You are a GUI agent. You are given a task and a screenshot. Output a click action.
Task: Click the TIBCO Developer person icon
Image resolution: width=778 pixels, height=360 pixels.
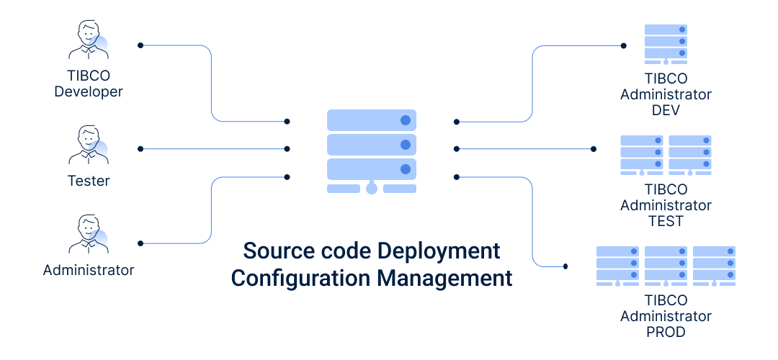pyautogui.click(x=89, y=40)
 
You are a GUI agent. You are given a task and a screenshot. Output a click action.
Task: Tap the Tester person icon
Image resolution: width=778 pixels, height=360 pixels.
pyautogui.click(x=89, y=145)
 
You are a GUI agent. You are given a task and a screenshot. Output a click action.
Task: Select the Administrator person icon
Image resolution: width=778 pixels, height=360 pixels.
pyautogui.click(x=89, y=234)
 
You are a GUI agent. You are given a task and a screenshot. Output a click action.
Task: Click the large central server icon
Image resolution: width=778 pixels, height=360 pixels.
pyautogui.click(x=372, y=151)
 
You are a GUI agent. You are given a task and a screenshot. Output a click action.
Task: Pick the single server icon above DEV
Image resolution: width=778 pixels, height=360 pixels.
pyautogui.click(x=666, y=44)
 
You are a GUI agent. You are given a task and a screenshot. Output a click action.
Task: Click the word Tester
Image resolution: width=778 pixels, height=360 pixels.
pyautogui.click(x=89, y=181)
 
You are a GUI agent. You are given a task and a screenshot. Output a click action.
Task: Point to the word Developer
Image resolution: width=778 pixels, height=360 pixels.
pyautogui.click(x=89, y=91)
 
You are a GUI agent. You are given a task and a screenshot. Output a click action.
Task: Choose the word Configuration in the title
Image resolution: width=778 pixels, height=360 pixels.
pyautogui.click(x=300, y=278)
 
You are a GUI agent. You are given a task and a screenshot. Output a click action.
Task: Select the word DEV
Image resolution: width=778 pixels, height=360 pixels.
pyautogui.click(x=666, y=110)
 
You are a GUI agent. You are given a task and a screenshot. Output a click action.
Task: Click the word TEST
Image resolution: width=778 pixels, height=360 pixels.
pyautogui.click(x=666, y=221)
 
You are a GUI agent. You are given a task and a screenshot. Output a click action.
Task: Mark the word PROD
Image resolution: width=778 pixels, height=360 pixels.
pyautogui.click(x=666, y=332)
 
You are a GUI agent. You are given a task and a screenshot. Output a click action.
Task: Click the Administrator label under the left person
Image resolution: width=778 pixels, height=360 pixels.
pyautogui.click(x=89, y=270)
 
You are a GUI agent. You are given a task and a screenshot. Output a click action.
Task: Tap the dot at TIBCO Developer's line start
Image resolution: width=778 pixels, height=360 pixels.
pyautogui.click(x=140, y=45)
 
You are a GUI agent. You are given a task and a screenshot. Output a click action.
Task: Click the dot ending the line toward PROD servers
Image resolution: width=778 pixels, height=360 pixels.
pyautogui.click(x=565, y=266)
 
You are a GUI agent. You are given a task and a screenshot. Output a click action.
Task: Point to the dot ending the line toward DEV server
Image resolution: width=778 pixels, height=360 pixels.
pyautogui.click(x=624, y=45)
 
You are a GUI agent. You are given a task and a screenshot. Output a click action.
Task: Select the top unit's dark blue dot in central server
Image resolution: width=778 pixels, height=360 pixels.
pyautogui.click(x=406, y=120)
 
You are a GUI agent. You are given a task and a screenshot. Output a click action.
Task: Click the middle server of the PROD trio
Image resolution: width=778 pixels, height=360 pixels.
pyautogui.click(x=666, y=266)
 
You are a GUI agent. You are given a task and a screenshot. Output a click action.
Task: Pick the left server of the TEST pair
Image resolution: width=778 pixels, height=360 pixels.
pyautogui.click(x=642, y=156)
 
